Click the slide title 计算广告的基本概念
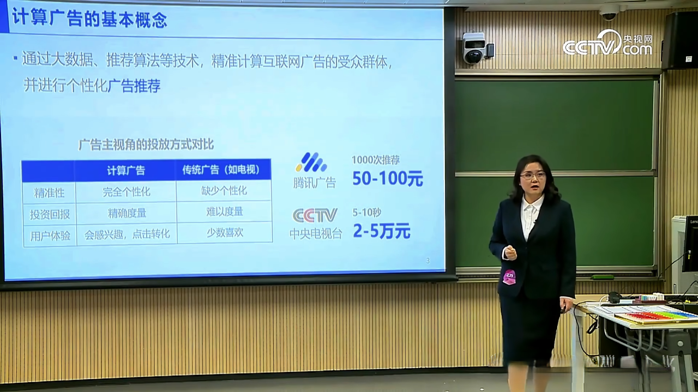coord(89,19)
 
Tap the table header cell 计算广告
coord(126,171)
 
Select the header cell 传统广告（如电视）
coord(221,170)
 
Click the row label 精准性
coord(49,193)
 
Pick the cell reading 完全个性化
coord(126,192)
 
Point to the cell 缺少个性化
coord(224,191)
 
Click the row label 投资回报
coord(50,214)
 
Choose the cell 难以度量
coord(224,212)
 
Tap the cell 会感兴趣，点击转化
coord(127,234)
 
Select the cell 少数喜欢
coord(225,232)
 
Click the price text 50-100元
coord(388,178)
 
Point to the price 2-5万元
coord(381,231)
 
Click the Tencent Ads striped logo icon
coord(311,162)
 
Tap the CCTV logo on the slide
coord(315,215)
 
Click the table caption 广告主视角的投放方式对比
coord(146,144)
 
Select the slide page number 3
coord(428,261)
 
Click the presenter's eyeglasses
coord(533,176)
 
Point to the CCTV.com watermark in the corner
coord(607,44)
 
